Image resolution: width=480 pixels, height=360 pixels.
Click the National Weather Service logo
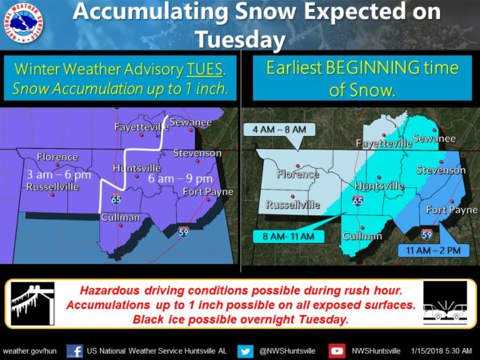click(x=23, y=24)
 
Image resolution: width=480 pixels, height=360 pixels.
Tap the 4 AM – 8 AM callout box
click(x=279, y=130)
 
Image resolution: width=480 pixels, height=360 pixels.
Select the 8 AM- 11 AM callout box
click(x=288, y=237)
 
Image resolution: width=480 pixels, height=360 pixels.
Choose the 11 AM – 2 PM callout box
click(x=434, y=250)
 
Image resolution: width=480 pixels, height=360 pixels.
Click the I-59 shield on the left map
click(x=183, y=231)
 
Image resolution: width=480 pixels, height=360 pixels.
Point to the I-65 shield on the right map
click(x=358, y=201)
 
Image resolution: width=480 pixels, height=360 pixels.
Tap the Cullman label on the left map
click(x=121, y=218)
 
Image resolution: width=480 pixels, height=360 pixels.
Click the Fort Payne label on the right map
click(x=452, y=210)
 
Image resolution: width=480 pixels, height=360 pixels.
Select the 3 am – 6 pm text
click(x=58, y=174)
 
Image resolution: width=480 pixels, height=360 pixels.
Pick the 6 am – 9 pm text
click(x=180, y=178)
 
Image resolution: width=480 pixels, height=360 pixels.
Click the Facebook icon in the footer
click(x=74, y=351)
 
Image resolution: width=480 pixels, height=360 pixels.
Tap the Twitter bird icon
click(x=246, y=351)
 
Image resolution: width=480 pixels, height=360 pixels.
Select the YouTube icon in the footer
click(x=337, y=351)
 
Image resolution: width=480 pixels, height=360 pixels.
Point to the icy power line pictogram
click(x=33, y=304)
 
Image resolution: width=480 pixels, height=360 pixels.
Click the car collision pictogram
click(x=446, y=303)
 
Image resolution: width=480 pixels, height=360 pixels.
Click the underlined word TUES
click(x=205, y=69)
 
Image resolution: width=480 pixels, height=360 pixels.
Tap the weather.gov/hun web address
click(x=30, y=351)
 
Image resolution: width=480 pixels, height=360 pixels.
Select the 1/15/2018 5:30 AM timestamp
click(x=442, y=351)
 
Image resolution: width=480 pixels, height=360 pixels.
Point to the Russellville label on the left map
click(x=53, y=186)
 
